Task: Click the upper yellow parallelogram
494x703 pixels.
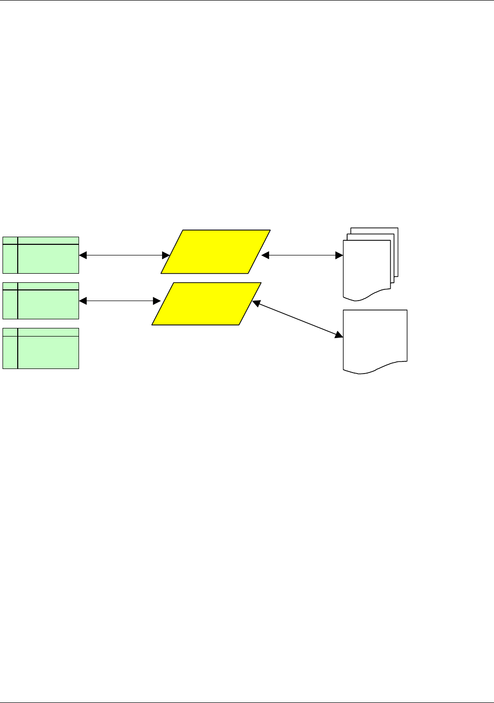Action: click(216, 252)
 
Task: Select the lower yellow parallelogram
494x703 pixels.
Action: click(207, 304)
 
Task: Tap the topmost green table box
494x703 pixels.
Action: click(41, 255)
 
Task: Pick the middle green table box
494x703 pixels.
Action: click(41, 301)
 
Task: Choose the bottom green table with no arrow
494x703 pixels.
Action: click(41, 348)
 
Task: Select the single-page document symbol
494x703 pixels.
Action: click(375, 339)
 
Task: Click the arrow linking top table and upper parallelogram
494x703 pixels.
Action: click(125, 255)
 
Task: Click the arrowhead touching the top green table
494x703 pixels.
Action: click(83, 255)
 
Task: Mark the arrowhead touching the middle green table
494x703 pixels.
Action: click(83, 301)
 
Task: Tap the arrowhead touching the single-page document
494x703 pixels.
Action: click(339, 335)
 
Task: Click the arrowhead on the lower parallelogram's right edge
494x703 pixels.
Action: click(256, 304)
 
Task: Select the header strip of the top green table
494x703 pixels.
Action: click(48, 240)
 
